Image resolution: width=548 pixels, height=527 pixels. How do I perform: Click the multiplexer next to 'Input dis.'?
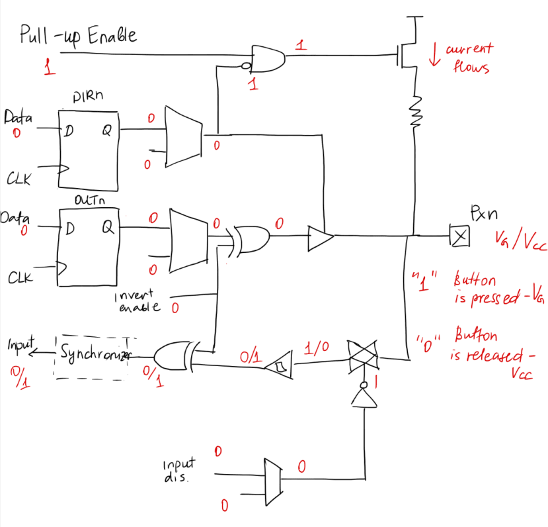272,480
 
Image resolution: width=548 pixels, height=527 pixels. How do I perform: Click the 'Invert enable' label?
139,302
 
